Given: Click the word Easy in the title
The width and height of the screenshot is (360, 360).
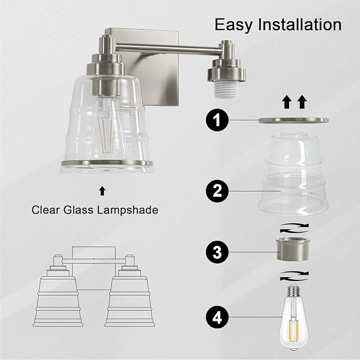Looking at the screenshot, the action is point(233,24).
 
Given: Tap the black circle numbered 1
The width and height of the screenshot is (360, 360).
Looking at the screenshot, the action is point(217,120).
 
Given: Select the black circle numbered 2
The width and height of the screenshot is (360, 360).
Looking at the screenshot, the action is point(217,191).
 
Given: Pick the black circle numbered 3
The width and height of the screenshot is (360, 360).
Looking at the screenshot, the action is point(217,252).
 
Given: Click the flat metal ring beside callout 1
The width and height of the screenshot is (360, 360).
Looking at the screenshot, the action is point(294,120).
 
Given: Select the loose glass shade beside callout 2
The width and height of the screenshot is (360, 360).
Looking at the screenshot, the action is point(294,174).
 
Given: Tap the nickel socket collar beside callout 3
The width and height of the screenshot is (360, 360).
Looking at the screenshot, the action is point(293,249).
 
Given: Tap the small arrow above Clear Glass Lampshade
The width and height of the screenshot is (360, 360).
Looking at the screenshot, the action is point(102,191).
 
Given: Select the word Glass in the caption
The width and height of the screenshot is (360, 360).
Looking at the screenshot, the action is point(78,210).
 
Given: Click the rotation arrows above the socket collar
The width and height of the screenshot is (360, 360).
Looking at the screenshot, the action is point(294,228).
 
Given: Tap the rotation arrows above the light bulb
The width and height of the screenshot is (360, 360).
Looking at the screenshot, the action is point(294,276).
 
